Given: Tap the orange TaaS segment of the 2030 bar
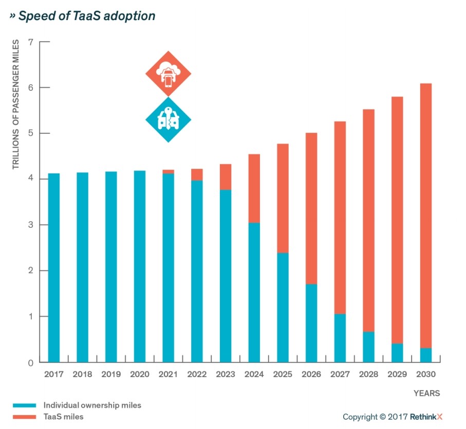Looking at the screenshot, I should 425,216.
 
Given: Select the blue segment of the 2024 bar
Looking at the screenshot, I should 254,292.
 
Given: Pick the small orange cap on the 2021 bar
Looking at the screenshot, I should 168,171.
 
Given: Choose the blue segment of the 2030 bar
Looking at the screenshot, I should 425,355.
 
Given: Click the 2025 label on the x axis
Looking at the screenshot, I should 283,375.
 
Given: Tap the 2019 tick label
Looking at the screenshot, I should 110,375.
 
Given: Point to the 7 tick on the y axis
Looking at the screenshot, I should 30,42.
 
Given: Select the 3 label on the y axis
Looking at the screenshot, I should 30,225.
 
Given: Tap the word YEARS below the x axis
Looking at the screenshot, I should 427,394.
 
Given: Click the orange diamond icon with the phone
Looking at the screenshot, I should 168,73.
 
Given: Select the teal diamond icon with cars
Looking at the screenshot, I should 168,120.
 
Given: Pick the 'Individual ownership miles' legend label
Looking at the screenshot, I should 92,405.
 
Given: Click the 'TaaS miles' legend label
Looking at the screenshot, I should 64,417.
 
